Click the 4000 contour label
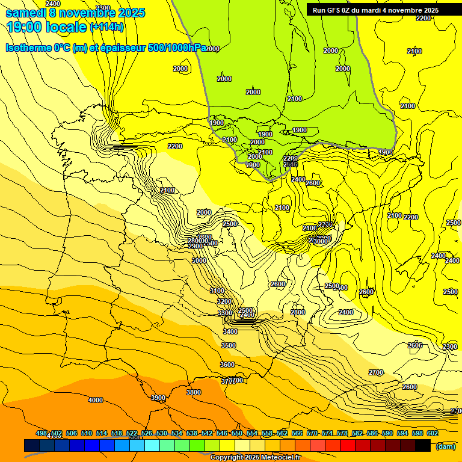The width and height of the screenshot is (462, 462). pyautogui.click(x=95, y=400)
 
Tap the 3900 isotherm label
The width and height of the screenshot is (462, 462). pyautogui.click(x=158, y=398)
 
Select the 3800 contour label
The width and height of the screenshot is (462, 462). pyautogui.click(x=194, y=392)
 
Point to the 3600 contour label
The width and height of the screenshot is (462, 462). pyautogui.click(x=227, y=365)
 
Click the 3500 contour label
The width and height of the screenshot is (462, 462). pyautogui.click(x=229, y=345)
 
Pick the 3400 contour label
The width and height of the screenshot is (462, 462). pyautogui.click(x=230, y=331)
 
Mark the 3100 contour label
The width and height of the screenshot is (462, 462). pyautogui.click(x=217, y=291)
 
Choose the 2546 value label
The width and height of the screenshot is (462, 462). pyautogui.click(x=291, y=164)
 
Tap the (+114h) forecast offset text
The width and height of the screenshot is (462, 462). pyautogui.click(x=106, y=26)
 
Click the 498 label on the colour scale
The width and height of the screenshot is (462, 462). pyautogui.click(x=42, y=433)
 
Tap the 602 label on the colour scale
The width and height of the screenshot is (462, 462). pyautogui.click(x=433, y=433)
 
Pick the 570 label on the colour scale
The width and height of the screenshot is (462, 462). pyautogui.click(x=312, y=433)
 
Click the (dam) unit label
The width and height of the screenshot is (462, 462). pyautogui.click(x=446, y=446)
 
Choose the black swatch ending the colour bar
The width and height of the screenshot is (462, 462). pyautogui.click(x=423, y=445)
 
